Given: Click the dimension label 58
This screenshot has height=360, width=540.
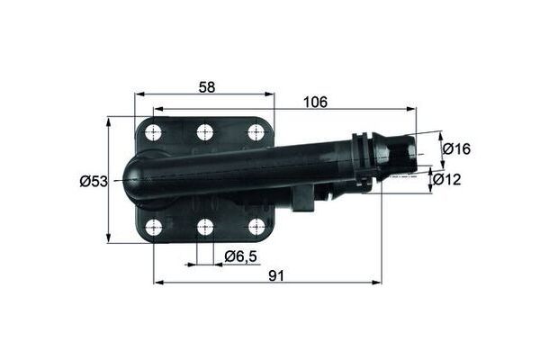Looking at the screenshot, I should point(206,86).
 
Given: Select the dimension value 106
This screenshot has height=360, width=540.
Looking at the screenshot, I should point(316,101).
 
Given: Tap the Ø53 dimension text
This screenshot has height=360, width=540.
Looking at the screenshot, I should point(93,181).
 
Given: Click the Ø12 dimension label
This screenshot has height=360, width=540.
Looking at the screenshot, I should point(447,180).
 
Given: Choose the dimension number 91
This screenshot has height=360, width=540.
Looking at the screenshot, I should point(275,275).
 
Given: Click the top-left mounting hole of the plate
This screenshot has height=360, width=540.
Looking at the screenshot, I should point(154,132).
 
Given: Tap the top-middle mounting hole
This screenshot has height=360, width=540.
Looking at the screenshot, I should point(205,132).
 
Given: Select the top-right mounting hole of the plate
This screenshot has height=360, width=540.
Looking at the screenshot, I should point(256,132).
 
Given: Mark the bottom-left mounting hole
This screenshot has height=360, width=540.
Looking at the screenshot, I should point(154,227).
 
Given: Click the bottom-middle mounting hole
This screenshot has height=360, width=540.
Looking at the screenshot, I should point(205,227).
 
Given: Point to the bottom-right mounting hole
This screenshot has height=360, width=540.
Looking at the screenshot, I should point(256,227).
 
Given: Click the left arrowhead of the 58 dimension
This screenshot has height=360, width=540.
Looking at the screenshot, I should point(139,94).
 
